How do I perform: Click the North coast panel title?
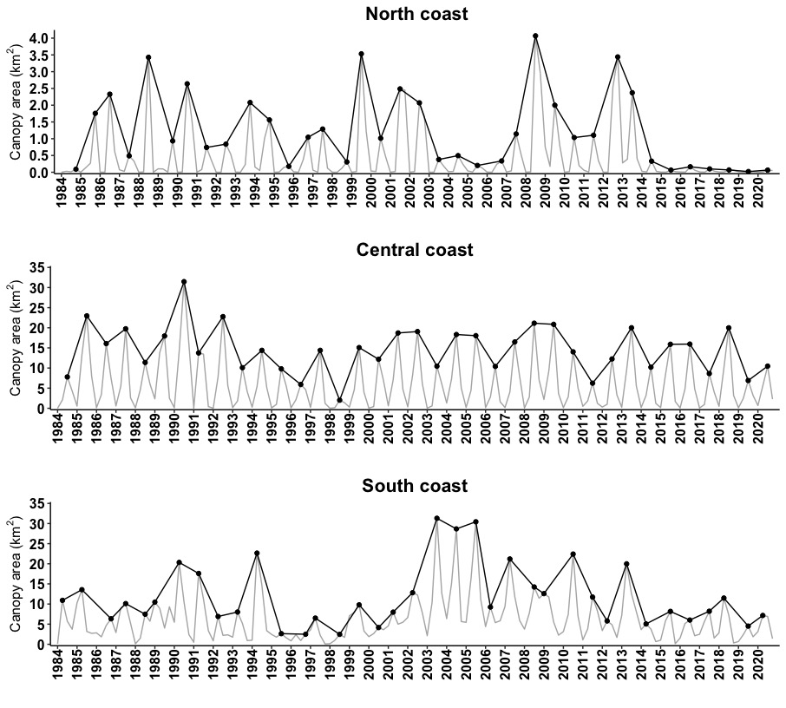click(x=416, y=14)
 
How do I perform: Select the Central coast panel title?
click(x=415, y=250)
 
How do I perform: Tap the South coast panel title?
click(x=415, y=486)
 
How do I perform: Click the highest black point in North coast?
click(x=535, y=36)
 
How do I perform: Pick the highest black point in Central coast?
click(x=184, y=282)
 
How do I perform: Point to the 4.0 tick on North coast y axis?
click(x=39, y=38)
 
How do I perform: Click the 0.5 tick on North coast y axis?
click(x=39, y=156)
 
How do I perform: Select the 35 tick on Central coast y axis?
click(x=42, y=267)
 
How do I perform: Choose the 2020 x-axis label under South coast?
click(x=757, y=665)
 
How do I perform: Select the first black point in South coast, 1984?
click(x=62, y=600)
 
